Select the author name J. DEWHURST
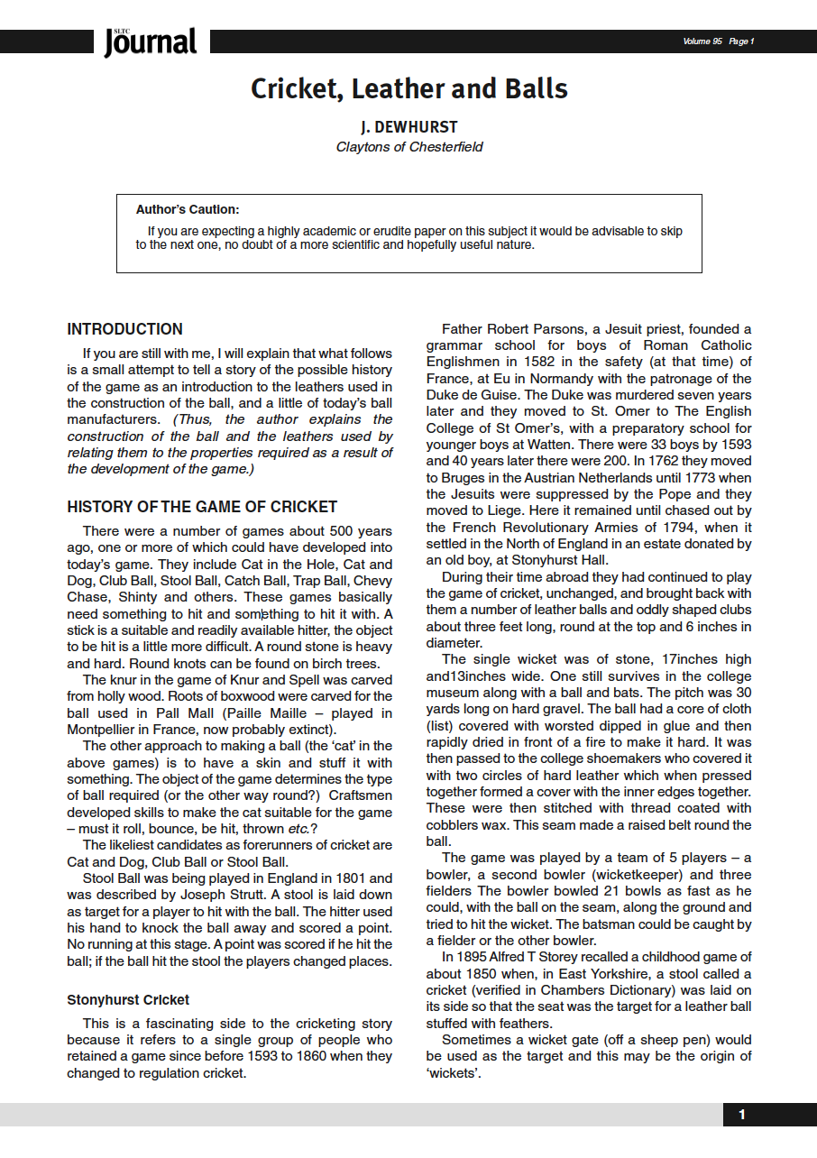408,127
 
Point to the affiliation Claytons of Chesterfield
408,147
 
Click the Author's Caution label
188,210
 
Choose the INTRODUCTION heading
124,329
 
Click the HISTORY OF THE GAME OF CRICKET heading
202,507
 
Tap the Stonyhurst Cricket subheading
127,1000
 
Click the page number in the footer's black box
742,1115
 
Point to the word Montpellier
108,729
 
